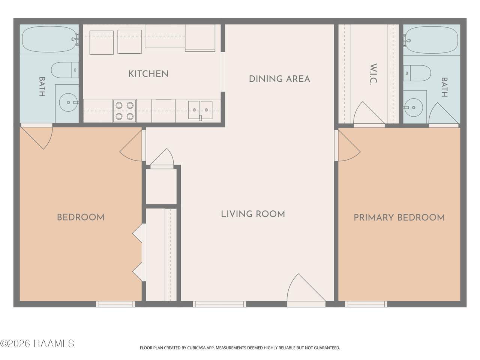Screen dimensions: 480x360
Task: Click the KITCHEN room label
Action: click(148, 74)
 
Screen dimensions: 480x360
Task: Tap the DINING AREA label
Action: click(279, 79)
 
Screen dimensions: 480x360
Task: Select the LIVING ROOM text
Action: click(253, 214)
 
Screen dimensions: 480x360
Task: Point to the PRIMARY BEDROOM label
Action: click(399, 217)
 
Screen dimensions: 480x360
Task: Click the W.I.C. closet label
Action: click(373, 74)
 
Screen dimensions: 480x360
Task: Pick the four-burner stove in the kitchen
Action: click(124, 111)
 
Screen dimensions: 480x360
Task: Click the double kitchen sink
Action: click(200, 110)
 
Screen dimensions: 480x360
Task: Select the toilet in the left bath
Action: click(65, 70)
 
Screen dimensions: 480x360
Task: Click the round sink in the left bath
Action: click(69, 102)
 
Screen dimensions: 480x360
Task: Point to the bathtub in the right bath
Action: click(430, 40)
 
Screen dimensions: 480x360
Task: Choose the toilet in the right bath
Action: click(417, 73)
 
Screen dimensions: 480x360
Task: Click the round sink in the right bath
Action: click(413, 107)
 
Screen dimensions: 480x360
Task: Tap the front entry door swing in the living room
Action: click(306, 288)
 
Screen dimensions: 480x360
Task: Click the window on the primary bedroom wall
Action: click(366, 304)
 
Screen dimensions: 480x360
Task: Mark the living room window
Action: click(219, 304)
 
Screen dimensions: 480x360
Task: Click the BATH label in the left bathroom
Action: click(42, 87)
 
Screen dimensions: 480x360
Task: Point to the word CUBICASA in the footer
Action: click(196, 348)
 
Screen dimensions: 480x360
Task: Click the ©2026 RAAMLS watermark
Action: click(37, 343)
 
